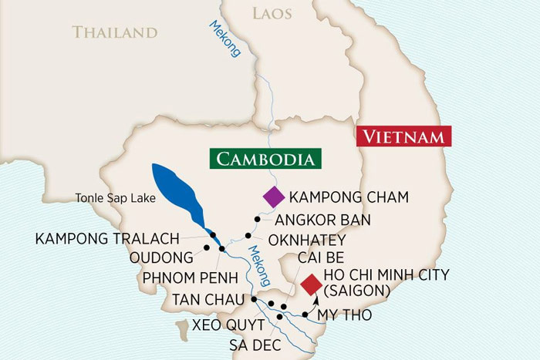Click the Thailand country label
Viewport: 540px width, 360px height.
pyautogui.click(x=115, y=32)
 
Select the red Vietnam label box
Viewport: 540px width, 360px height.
pyautogui.click(x=403, y=138)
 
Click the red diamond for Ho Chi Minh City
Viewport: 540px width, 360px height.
pyautogui.click(x=311, y=284)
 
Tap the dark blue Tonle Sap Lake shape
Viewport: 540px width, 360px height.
pyautogui.click(x=178, y=193)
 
